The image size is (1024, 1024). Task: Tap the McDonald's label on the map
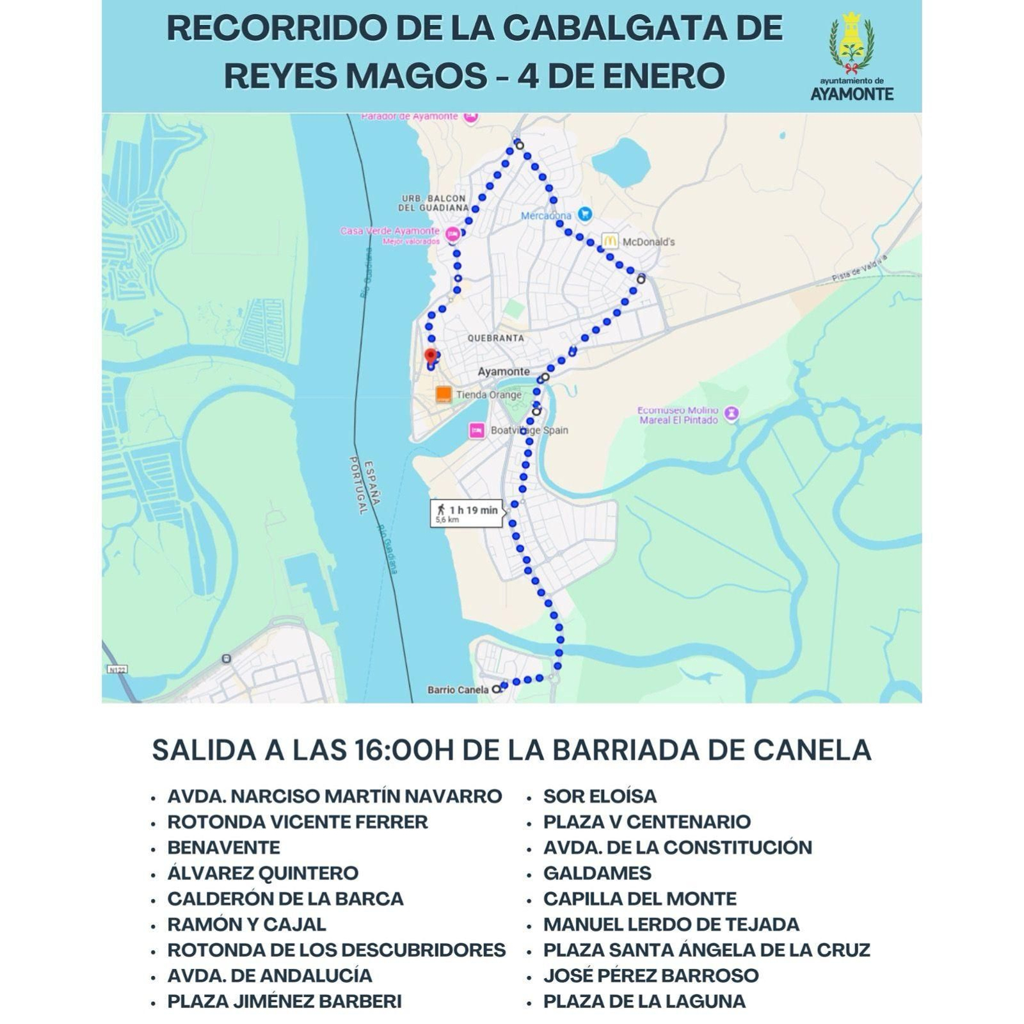[x=648, y=242]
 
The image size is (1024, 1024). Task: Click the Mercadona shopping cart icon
[x=584, y=214]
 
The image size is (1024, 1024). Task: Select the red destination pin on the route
[x=431, y=356]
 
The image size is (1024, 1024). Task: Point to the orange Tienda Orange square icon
[x=443, y=394]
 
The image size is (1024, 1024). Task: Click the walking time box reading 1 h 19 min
[x=466, y=513]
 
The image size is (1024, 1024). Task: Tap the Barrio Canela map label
[x=458, y=690]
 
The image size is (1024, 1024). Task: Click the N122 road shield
[x=117, y=669]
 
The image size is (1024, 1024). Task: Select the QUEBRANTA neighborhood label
[x=495, y=338]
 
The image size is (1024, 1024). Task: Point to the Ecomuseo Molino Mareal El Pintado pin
[x=733, y=413]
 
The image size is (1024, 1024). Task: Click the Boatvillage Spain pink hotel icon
[x=477, y=431]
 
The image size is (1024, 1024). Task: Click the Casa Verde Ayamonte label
[x=389, y=231]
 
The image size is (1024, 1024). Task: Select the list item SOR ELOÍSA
[x=600, y=796]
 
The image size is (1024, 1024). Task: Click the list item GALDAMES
[x=596, y=873]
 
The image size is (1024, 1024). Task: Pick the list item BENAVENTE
[x=223, y=847]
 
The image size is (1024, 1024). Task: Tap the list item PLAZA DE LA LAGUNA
[x=644, y=1001]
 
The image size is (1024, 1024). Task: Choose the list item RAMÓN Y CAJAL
[x=246, y=924]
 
